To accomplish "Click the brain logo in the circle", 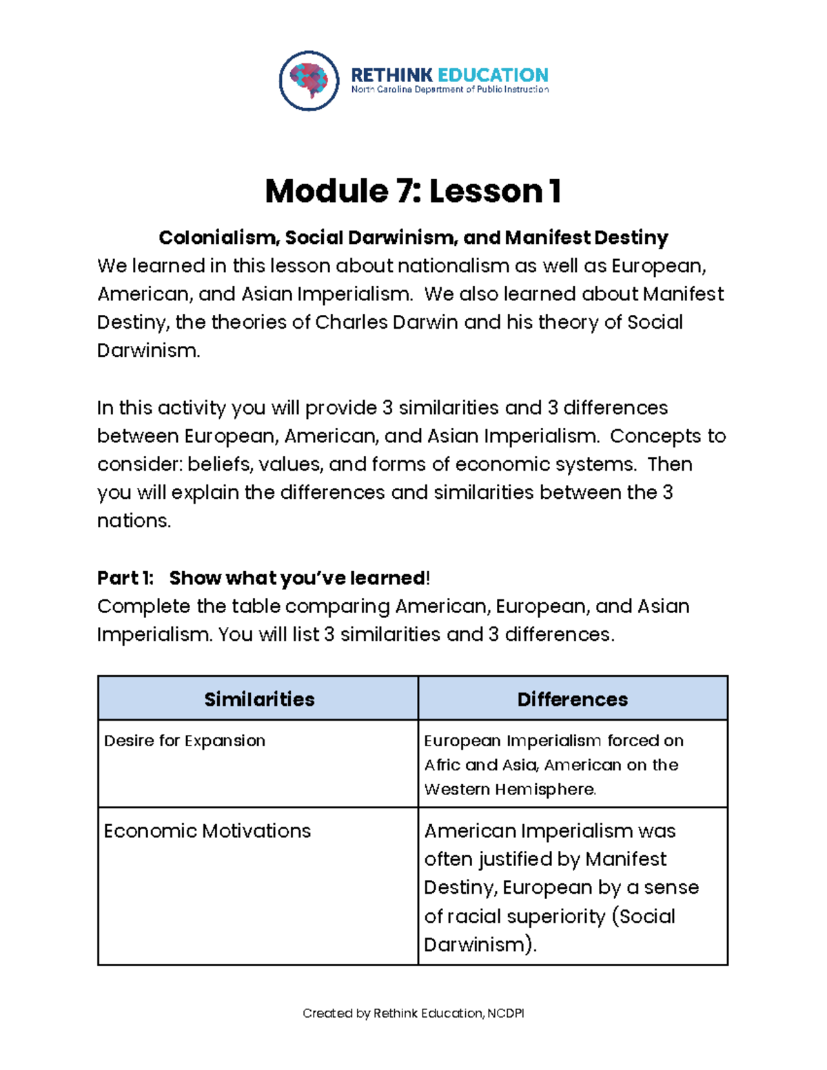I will (x=309, y=81).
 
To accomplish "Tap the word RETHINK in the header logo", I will (x=391, y=74).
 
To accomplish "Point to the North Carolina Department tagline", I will (x=449, y=90).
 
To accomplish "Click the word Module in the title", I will (x=327, y=191).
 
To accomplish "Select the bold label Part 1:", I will (x=125, y=578).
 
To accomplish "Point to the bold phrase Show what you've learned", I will (x=298, y=578).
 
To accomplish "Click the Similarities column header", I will (x=259, y=699).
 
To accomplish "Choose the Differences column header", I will (x=572, y=699).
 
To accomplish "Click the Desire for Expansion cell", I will (x=185, y=741).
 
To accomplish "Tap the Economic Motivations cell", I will (x=207, y=831).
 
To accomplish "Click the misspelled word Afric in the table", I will (x=442, y=765).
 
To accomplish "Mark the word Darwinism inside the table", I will (x=474, y=945).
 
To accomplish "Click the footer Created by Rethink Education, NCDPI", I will (x=413, y=1014).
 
